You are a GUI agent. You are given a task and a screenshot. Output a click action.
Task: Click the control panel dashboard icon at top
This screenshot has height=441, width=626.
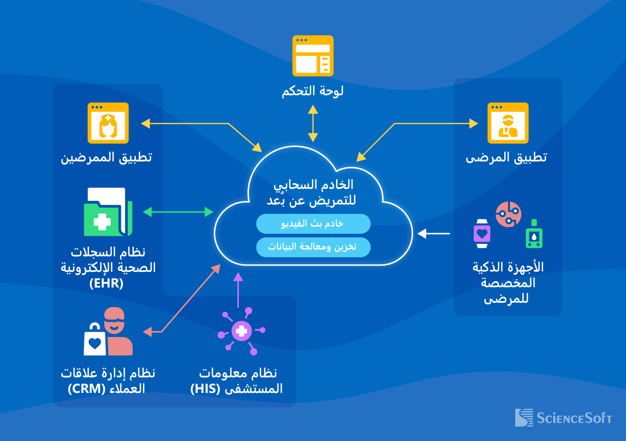[313, 55]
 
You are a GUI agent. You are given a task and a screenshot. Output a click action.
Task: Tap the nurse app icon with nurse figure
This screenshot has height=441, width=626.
[108, 123]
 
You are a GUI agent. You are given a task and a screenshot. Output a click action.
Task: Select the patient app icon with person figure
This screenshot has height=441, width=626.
[508, 123]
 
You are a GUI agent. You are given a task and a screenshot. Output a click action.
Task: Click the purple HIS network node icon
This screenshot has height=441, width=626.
[241, 331]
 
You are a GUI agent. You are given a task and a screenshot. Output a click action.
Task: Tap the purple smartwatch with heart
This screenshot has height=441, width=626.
[482, 234]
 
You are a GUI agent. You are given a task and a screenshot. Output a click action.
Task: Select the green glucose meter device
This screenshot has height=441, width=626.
[534, 234]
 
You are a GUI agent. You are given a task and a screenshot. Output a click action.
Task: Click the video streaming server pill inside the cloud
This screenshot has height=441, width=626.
[313, 224]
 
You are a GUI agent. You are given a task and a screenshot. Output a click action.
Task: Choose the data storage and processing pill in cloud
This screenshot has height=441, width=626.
[313, 247]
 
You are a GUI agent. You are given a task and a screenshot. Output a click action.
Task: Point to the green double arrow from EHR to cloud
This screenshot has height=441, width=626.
[178, 212]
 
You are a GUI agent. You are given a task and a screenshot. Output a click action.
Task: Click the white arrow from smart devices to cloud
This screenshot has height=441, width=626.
[434, 234]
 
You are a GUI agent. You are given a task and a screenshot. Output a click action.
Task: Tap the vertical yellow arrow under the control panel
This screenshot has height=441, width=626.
[313, 124]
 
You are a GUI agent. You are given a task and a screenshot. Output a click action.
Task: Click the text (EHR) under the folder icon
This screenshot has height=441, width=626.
[106, 283]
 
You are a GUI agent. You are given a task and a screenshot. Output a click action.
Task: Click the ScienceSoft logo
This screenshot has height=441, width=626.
[563, 417]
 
